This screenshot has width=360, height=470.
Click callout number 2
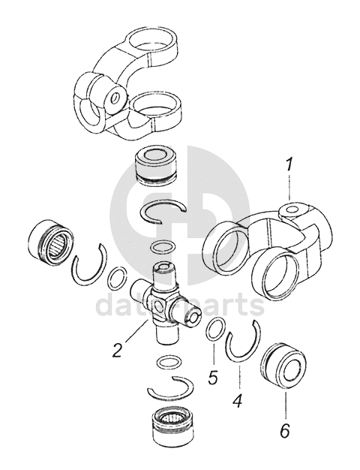[118, 350]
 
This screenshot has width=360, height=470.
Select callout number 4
[238, 400]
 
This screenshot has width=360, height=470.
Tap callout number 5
[213, 378]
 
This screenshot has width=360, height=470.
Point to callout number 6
[285, 431]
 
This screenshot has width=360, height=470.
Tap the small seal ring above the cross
[164, 248]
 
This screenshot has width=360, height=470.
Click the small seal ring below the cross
[169, 363]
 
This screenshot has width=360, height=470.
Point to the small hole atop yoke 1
[292, 209]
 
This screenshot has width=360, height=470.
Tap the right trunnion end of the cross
[192, 318]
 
